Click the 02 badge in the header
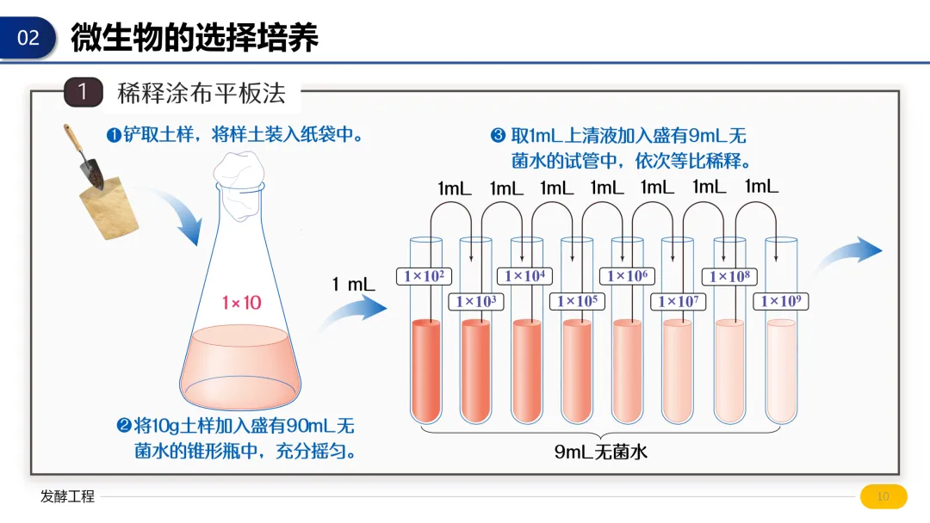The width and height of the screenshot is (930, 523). coord(28,38)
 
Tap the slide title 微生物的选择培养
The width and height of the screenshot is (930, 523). coord(195,38)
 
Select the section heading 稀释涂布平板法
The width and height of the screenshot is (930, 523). coord(201,93)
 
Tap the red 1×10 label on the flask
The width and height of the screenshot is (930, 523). coord(241,303)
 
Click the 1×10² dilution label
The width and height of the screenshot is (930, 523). coord(424,276)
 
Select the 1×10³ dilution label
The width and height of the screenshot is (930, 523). coord(475,301)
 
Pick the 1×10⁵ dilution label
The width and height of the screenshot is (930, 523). coord(577,301)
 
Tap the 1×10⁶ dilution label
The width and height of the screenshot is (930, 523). coord(628,276)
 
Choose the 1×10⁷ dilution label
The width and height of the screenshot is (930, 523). coord(679,301)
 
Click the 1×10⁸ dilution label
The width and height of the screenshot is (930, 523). coord(728,276)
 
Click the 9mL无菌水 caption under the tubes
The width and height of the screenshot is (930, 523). coord(600,452)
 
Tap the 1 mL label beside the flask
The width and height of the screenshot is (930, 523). coord(353,285)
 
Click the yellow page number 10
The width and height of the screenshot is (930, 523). coord(883,496)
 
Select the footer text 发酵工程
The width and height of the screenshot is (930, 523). coord(67,496)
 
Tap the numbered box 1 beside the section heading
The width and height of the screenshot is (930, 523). coord(83,92)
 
